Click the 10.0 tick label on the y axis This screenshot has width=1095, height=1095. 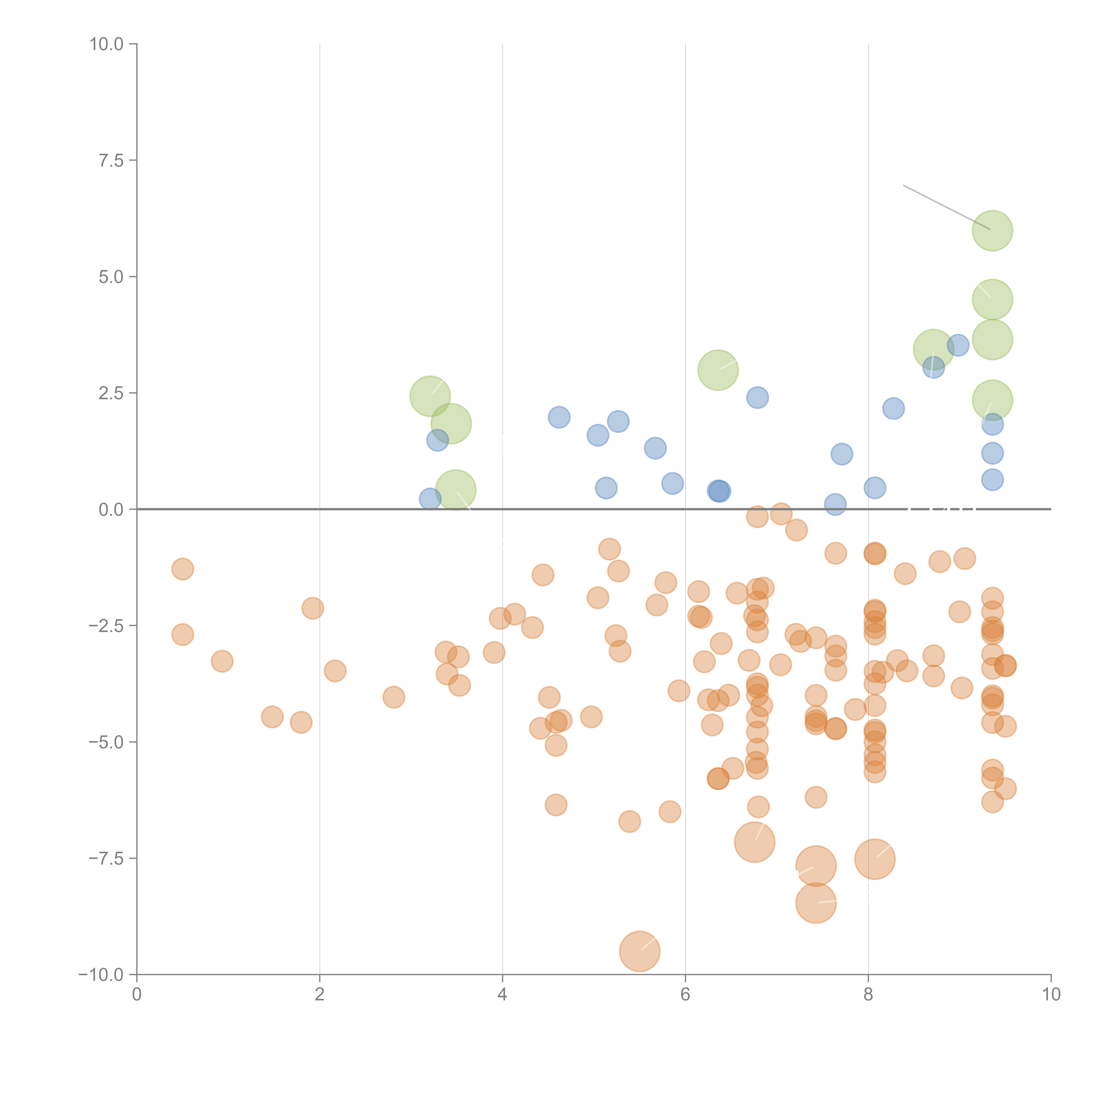[x=107, y=44]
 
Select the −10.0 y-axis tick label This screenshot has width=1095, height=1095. [x=101, y=975]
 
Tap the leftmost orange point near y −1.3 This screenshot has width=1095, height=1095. [x=182, y=569]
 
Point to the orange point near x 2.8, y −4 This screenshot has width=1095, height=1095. [x=393, y=697]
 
